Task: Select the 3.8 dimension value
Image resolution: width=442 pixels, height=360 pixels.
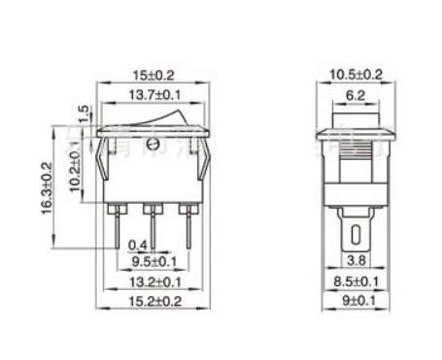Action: tap(357, 261)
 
